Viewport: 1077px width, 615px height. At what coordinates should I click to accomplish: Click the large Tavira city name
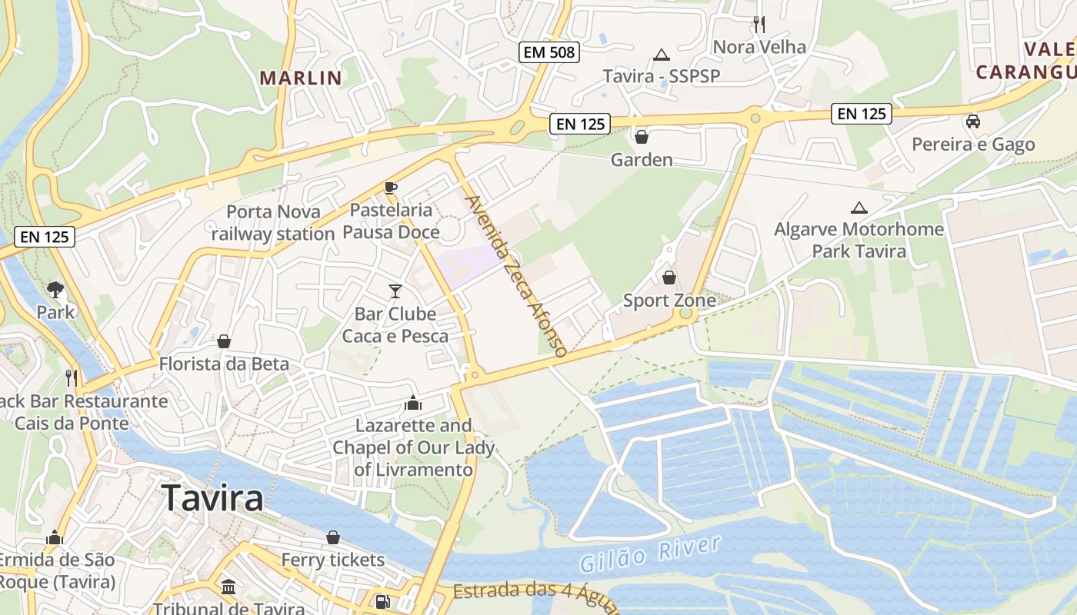click(212, 497)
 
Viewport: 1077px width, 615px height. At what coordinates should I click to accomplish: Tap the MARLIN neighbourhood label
click(301, 78)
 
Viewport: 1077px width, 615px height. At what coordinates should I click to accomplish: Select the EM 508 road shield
click(549, 52)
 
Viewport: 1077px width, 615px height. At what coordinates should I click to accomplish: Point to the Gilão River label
click(651, 554)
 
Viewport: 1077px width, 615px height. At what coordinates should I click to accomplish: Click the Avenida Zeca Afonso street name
click(516, 275)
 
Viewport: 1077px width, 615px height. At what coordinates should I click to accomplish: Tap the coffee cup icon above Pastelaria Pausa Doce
click(391, 188)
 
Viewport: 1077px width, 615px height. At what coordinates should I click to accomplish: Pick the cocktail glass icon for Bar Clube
click(395, 291)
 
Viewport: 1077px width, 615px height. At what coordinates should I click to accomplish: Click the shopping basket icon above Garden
click(641, 137)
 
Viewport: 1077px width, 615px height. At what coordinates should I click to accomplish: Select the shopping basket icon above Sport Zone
click(669, 277)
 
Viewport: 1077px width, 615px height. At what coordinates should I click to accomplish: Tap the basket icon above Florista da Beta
click(224, 341)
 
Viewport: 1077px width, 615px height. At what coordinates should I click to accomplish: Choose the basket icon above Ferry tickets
click(333, 537)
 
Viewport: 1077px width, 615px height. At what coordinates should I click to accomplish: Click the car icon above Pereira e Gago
click(973, 121)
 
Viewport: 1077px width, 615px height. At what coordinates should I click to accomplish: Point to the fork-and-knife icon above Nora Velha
click(759, 24)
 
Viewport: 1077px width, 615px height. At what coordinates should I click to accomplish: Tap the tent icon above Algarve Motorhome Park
click(859, 207)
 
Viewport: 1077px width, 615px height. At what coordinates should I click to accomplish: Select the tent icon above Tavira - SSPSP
click(661, 55)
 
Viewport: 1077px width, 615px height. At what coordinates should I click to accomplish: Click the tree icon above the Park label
click(55, 289)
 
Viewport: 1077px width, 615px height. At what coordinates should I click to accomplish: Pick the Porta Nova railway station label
click(273, 222)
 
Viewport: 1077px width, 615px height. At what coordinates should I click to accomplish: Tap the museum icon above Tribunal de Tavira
click(228, 587)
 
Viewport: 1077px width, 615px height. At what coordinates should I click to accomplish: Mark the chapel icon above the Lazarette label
click(413, 403)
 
